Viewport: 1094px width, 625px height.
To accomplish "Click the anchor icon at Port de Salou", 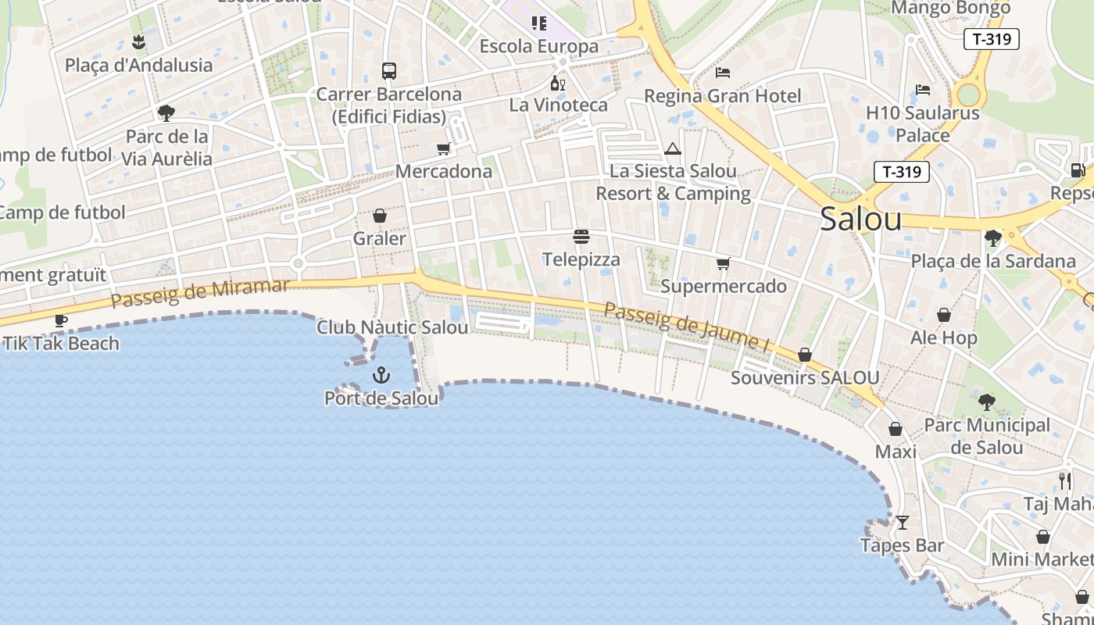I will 381,375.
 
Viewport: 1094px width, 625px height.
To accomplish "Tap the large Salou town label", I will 860,220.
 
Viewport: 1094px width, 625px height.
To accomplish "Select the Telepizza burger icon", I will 581,237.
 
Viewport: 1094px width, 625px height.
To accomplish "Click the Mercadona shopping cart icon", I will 443,148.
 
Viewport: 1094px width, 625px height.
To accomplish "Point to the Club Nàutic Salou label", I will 392,327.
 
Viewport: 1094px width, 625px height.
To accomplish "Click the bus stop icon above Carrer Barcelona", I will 388,71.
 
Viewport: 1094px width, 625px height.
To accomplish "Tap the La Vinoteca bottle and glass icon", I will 557,83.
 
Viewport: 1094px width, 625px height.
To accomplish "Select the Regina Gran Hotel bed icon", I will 723,73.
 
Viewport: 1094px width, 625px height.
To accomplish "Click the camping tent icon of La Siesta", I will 673,148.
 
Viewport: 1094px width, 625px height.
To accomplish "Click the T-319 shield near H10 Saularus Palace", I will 901,172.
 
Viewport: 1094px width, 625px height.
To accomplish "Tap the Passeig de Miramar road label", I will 200,293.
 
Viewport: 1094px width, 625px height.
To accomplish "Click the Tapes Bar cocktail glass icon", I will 903,522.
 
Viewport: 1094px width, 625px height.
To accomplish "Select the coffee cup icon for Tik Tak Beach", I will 61,320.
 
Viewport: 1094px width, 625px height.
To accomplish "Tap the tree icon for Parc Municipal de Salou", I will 986,402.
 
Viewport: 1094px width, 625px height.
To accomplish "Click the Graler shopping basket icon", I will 380,216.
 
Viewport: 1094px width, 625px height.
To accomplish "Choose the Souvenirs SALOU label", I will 805,378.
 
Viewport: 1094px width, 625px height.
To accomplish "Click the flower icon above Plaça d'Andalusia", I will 138,41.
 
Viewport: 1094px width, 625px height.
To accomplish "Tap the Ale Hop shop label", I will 943,337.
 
